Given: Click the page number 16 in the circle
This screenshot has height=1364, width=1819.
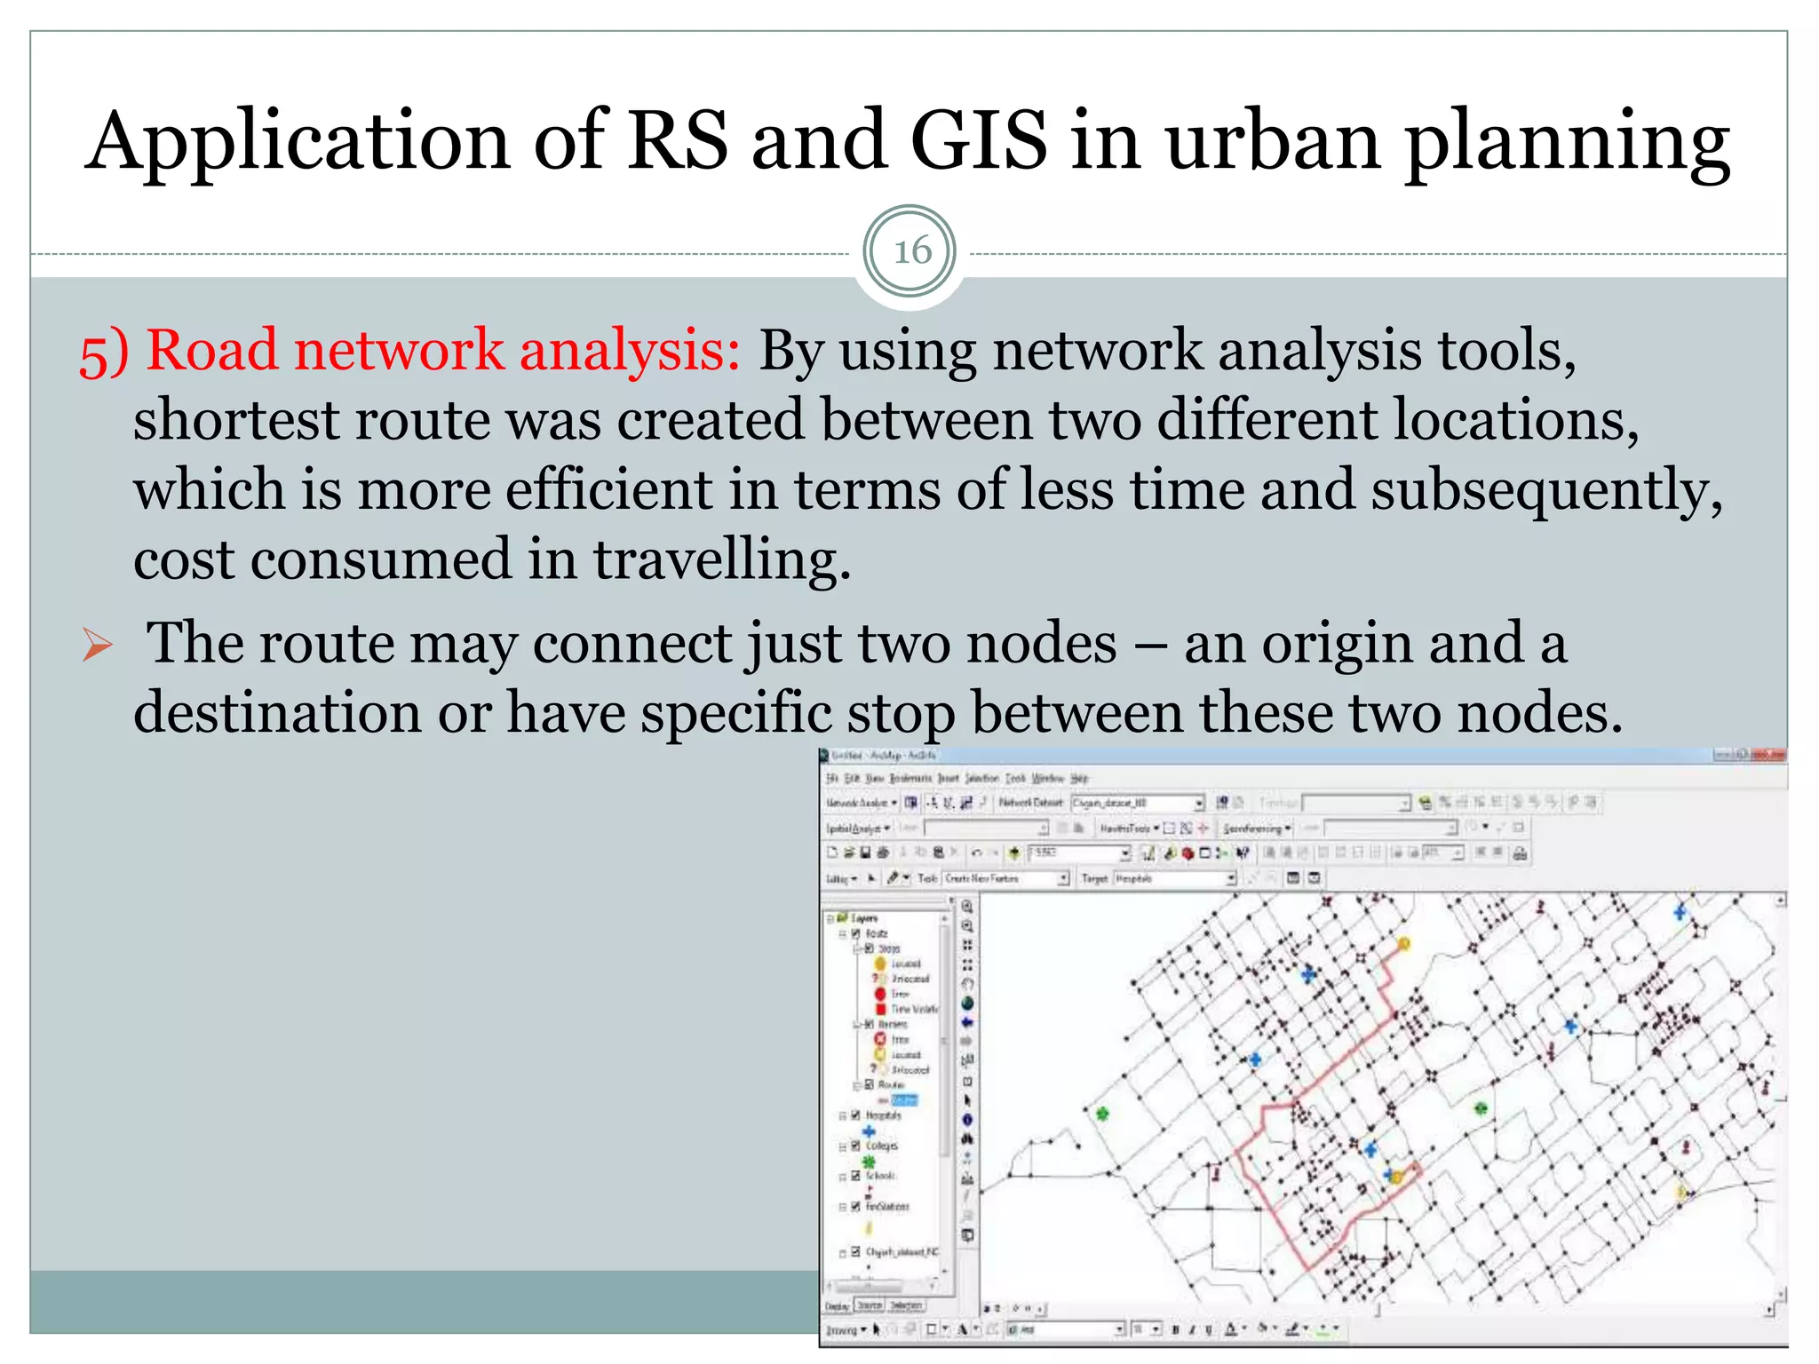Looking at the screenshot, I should point(911,251).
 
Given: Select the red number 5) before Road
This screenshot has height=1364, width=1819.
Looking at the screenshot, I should point(104,353).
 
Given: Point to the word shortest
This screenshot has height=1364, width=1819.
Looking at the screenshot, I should point(235,419).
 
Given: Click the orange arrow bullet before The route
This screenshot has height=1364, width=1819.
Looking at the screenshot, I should point(97,645).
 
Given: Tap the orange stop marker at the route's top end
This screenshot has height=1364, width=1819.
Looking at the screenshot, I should point(1404,943).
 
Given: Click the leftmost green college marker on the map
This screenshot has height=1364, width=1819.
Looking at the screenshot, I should point(1102,1114).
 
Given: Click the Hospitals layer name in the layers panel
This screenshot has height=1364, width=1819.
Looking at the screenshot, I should point(883,1115).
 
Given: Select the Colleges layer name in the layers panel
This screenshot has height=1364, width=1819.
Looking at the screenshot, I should point(881,1146).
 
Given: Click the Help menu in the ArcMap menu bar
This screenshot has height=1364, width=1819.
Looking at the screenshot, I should point(1079,778).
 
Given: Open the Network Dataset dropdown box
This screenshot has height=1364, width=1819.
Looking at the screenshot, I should point(1137,803).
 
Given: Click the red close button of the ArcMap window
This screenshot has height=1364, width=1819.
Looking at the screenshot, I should point(1770,755).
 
